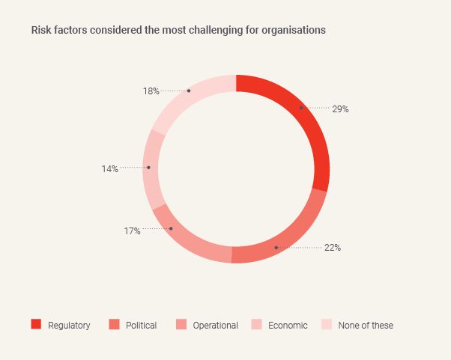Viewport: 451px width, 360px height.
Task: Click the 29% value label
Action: click(341, 109)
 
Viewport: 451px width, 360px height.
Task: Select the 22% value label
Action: click(333, 248)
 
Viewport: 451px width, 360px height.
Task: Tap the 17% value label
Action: click(133, 231)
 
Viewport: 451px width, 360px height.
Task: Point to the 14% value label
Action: click(110, 169)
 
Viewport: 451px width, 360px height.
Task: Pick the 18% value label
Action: click(151, 91)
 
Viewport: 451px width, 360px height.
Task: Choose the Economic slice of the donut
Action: click(151, 168)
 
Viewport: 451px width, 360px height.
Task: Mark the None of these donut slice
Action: click(191, 94)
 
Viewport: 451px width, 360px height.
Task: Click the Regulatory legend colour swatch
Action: click(36, 325)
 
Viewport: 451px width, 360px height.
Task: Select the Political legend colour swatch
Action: click(114, 325)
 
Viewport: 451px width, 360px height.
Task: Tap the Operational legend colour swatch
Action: click(181, 325)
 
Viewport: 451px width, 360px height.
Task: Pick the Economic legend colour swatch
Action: click(255, 325)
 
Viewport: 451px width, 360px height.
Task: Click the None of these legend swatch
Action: click(326, 325)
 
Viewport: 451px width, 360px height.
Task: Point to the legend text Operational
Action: click(215, 326)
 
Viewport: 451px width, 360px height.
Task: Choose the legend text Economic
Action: click(288, 326)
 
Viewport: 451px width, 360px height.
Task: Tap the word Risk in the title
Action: click(40, 31)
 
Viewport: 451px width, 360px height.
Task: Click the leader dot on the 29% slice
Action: click(301, 108)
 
